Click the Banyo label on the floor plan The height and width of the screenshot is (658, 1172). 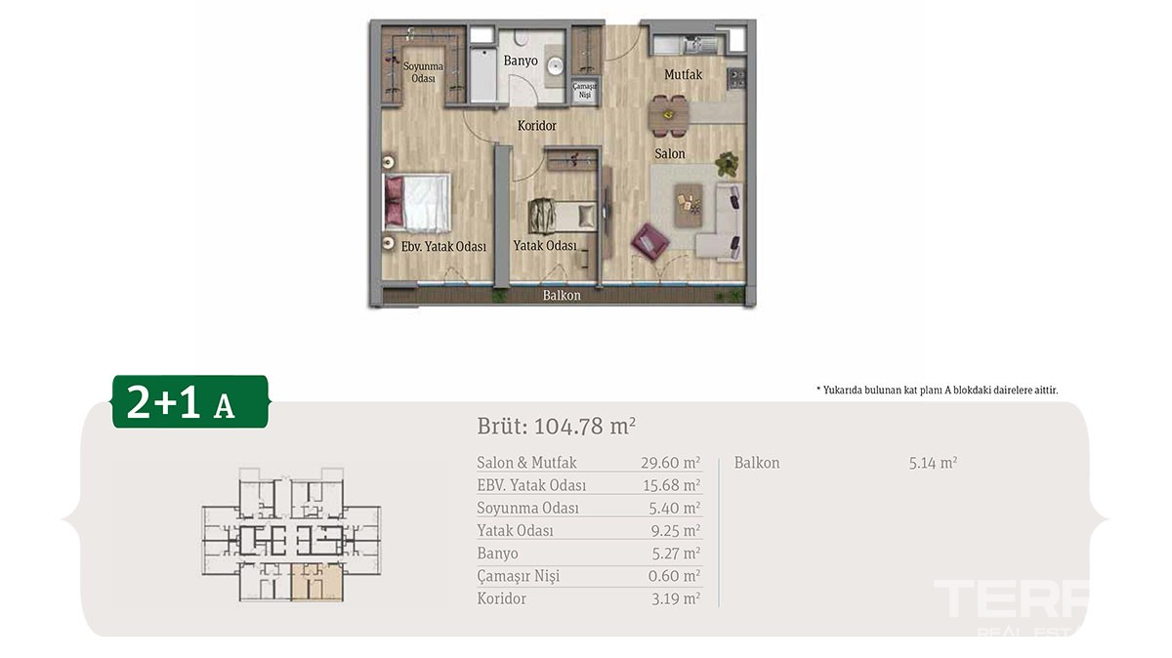[x=521, y=61]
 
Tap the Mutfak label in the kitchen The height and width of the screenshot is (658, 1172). [x=684, y=75]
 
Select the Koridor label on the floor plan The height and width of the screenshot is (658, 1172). [x=537, y=126]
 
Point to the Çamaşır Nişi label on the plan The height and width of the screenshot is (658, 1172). [x=584, y=91]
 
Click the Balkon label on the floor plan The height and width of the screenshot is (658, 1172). [x=562, y=296]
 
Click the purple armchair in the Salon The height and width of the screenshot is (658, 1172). [x=649, y=242]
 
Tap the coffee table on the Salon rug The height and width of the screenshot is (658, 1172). [x=688, y=205]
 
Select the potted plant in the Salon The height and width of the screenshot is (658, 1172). [x=727, y=164]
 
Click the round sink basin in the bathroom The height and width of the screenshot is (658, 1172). [x=555, y=66]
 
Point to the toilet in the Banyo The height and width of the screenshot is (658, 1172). [x=522, y=37]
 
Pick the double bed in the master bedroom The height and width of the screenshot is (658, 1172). [x=417, y=203]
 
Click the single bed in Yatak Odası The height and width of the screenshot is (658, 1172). [x=562, y=216]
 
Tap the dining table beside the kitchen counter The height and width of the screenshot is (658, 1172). [x=669, y=115]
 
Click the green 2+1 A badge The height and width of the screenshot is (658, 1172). [x=190, y=401]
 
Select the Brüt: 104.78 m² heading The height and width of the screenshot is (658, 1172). [x=557, y=427]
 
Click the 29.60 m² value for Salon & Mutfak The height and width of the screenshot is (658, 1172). [x=671, y=463]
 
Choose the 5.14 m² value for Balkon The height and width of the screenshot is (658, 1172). [x=933, y=463]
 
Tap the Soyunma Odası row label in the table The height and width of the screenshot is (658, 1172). [x=528, y=508]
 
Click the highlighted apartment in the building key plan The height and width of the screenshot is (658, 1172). [x=317, y=582]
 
